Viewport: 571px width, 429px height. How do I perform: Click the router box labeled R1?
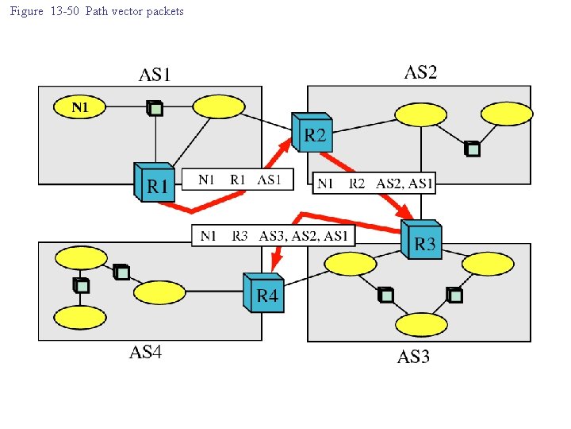155,184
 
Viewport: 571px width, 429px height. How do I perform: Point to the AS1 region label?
155,75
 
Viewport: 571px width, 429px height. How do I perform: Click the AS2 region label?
420,73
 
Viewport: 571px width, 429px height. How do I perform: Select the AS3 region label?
413,357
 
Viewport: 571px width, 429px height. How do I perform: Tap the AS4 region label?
145,353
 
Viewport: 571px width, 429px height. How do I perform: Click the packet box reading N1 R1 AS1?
238,180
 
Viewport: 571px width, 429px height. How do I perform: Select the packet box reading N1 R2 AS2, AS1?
374,184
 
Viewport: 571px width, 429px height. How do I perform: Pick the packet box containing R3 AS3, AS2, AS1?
274,236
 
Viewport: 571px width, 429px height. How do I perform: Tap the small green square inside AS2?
473,149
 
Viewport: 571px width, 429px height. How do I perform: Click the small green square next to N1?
155,109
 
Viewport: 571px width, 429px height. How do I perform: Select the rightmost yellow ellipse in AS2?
507,114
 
